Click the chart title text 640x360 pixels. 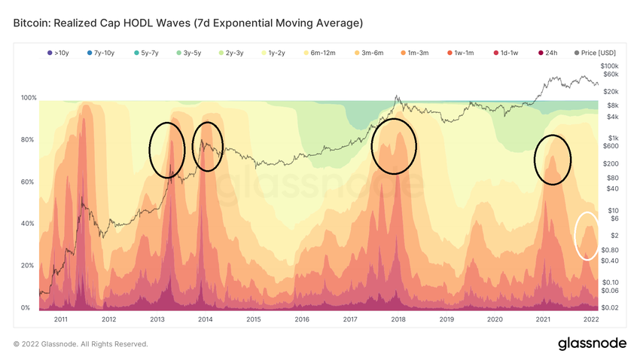tap(188, 23)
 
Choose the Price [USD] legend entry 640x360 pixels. tap(595, 53)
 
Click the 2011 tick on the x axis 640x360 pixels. tap(61, 319)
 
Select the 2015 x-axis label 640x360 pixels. tap(254, 319)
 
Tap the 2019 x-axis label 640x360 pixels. tap(446, 319)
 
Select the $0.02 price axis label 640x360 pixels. tap(610, 307)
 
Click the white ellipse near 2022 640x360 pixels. tap(587, 236)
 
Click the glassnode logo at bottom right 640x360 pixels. tap(592, 343)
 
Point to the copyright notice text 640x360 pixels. tap(81, 344)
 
